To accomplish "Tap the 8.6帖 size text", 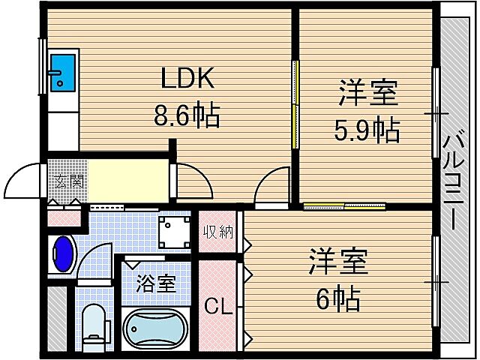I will [x=187, y=116].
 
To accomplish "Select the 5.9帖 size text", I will [x=366, y=132].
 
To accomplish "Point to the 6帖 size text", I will [x=337, y=299].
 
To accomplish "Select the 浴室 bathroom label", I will [x=156, y=283].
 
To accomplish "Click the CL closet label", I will [x=217, y=306].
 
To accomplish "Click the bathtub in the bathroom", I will [x=155, y=327].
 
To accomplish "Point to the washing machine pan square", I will [x=175, y=230].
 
